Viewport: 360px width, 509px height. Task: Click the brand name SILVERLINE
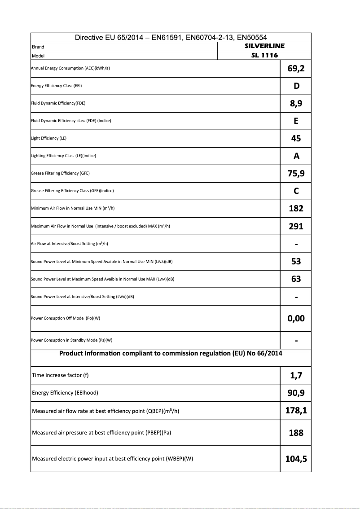coord(264,46)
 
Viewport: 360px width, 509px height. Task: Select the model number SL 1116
coord(264,55)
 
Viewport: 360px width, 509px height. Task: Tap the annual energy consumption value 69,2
coord(296,68)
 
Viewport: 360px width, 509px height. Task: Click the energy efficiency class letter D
coord(296,86)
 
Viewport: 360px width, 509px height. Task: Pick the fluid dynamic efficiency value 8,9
coord(296,104)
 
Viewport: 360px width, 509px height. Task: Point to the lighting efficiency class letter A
coord(296,156)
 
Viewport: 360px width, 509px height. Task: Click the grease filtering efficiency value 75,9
coord(296,173)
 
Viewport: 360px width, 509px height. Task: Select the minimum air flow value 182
coord(296,208)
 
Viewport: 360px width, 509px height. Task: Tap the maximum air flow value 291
coord(296,226)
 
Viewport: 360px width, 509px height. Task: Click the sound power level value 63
coord(296,279)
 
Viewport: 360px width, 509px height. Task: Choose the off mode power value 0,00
coord(296,318)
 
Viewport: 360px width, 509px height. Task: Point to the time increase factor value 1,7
coord(296,375)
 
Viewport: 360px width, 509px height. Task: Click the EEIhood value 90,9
coord(296,393)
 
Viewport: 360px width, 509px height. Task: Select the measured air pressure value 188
coord(296,433)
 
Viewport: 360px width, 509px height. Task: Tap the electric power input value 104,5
coord(296,459)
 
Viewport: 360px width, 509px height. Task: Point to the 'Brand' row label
coord(38,47)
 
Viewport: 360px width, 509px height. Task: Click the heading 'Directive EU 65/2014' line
coord(171,38)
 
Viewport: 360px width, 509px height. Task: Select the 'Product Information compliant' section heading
coord(171,353)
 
